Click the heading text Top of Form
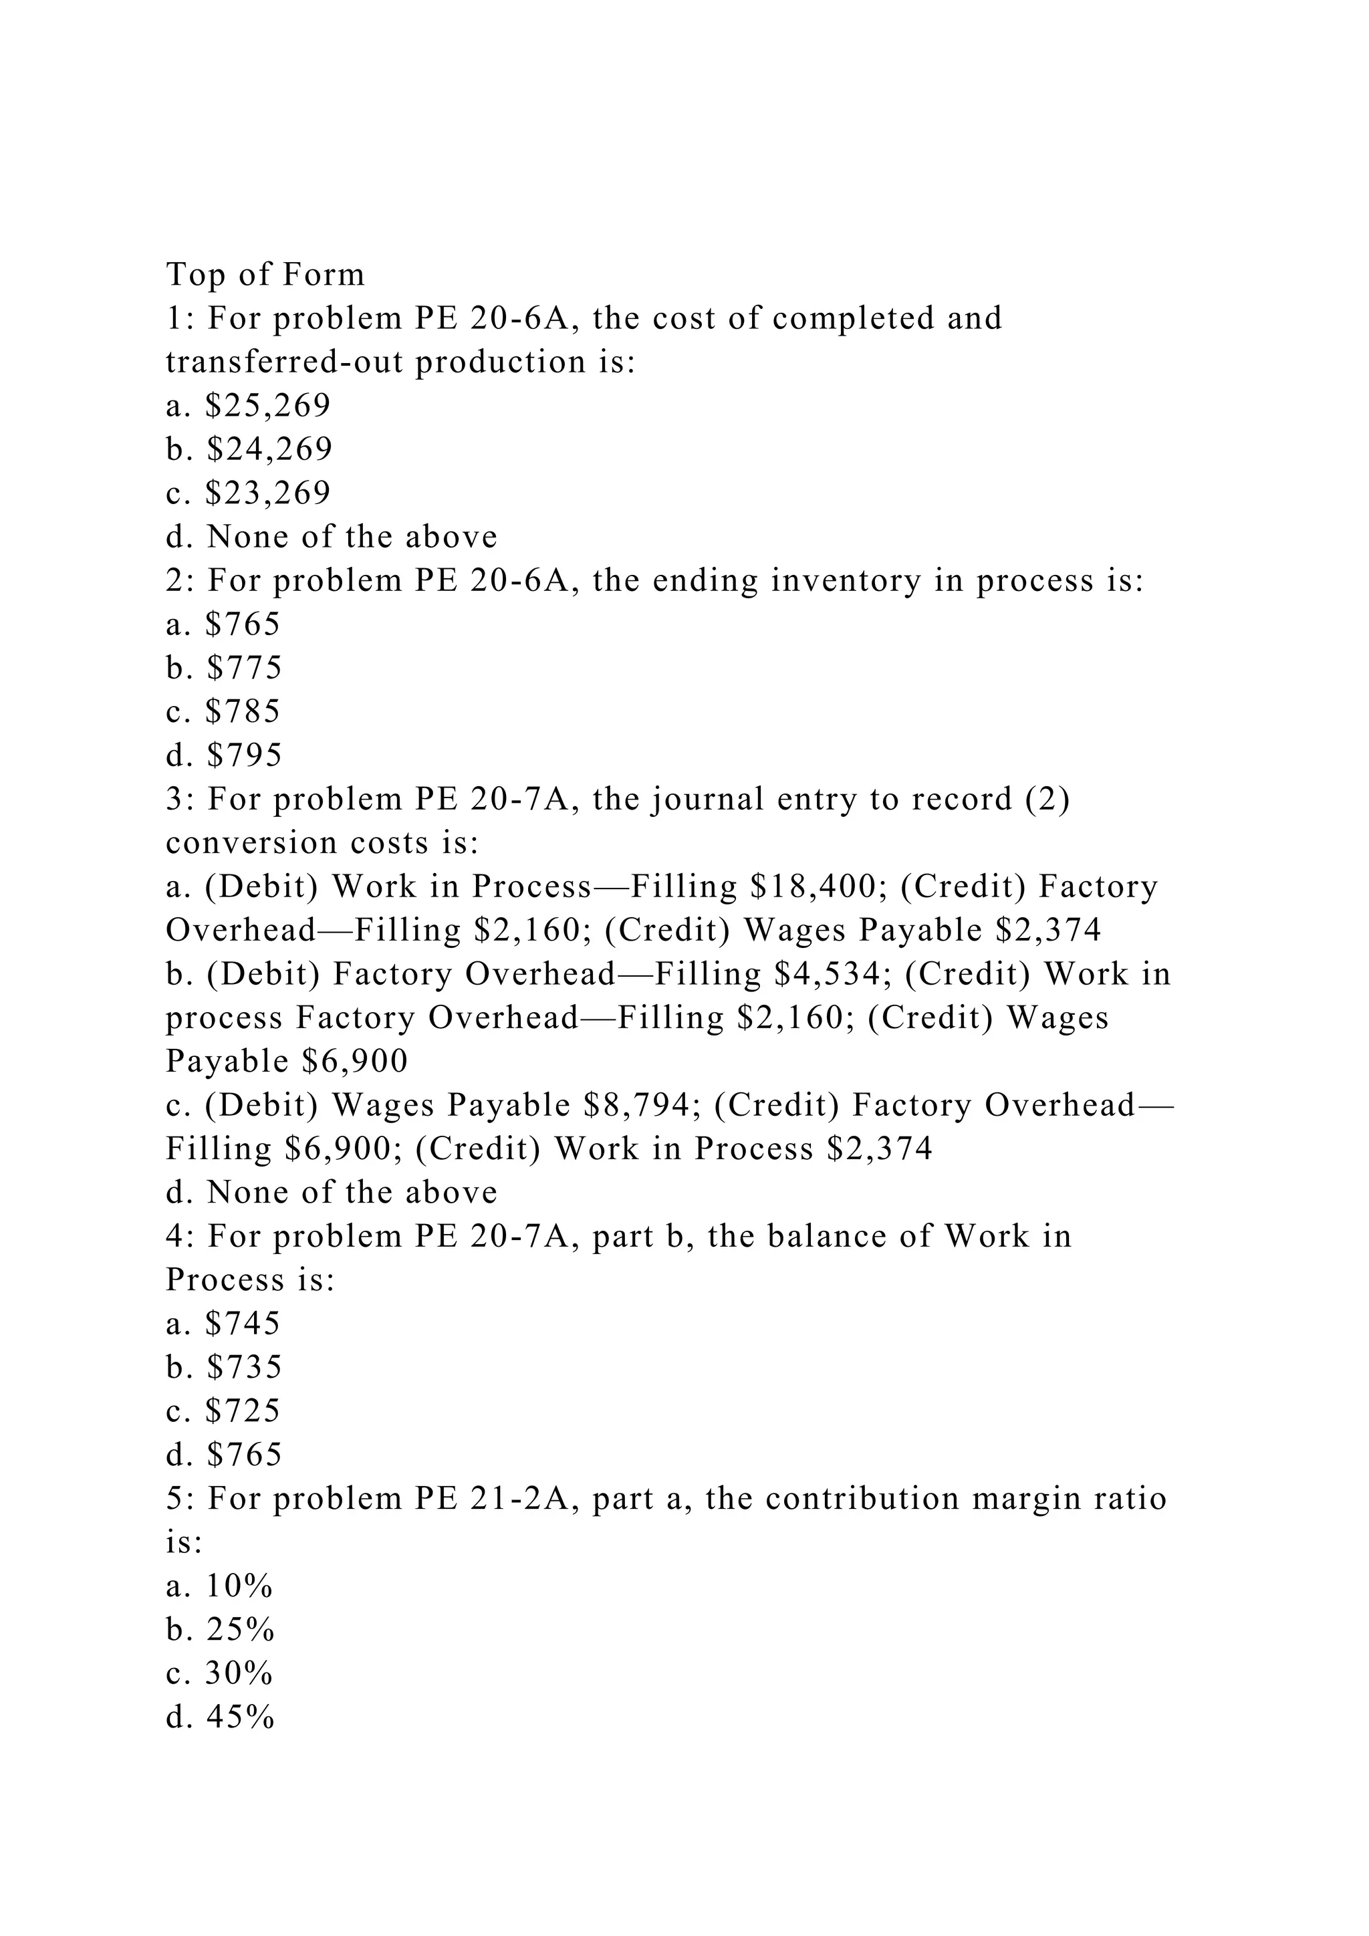pyautogui.click(x=265, y=275)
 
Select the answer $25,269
pyautogui.click(x=268, y=406)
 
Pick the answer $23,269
pyautogui.click(x=268, y=493)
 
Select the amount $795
pyautogui.click(x=243, y=755)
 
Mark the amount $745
pyautogui.click(x=243, y=1324)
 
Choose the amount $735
pyautogui.click(x=243, y=1367)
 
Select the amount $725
pyautogui.click(x=243, y=1411)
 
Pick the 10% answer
pyautogui.click(x=239, y=1587)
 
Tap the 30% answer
pyautogui.click(x=239, y=1674)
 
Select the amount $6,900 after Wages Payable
pyautogui.click(x=354, y=1062)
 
